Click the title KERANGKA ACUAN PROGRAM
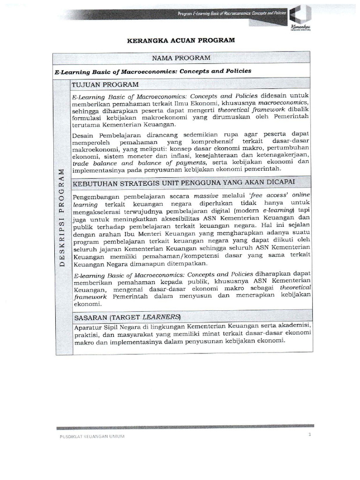pos(180,41)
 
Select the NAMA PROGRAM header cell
pos(180,58)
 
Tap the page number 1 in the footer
pos(310,435)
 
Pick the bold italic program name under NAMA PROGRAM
pos(153,71)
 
